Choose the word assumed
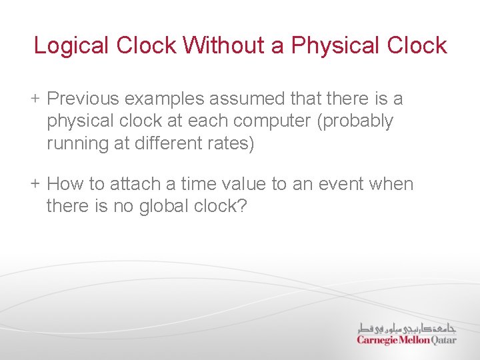[249, 99]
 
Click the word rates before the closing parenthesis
[231, 144]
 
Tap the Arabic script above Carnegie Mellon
[406, 327]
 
